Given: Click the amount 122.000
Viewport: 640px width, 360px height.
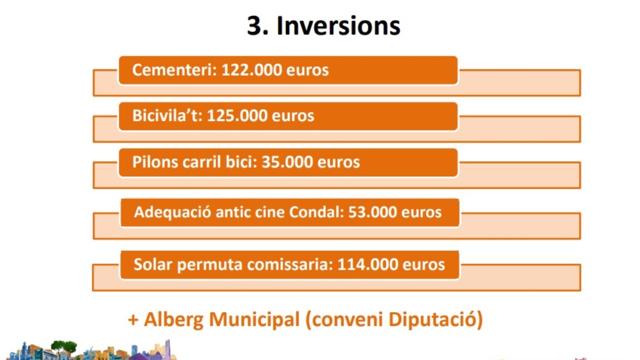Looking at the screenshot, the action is click(251, 69).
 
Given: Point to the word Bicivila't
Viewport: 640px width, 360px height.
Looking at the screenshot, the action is click(167, 115).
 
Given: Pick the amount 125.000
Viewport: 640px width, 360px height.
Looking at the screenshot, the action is click(237, 115).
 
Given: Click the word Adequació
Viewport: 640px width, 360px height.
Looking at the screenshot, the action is click(172, 212).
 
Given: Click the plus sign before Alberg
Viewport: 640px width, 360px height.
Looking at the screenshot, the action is click(133, 319).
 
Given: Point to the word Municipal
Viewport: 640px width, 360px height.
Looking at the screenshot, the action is click(254, 319).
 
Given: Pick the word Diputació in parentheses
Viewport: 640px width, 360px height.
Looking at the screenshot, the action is click(435, 319).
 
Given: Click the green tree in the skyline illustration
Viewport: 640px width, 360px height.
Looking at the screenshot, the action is click(64, 346).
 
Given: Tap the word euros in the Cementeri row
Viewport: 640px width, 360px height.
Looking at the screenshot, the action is click(307, 70).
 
